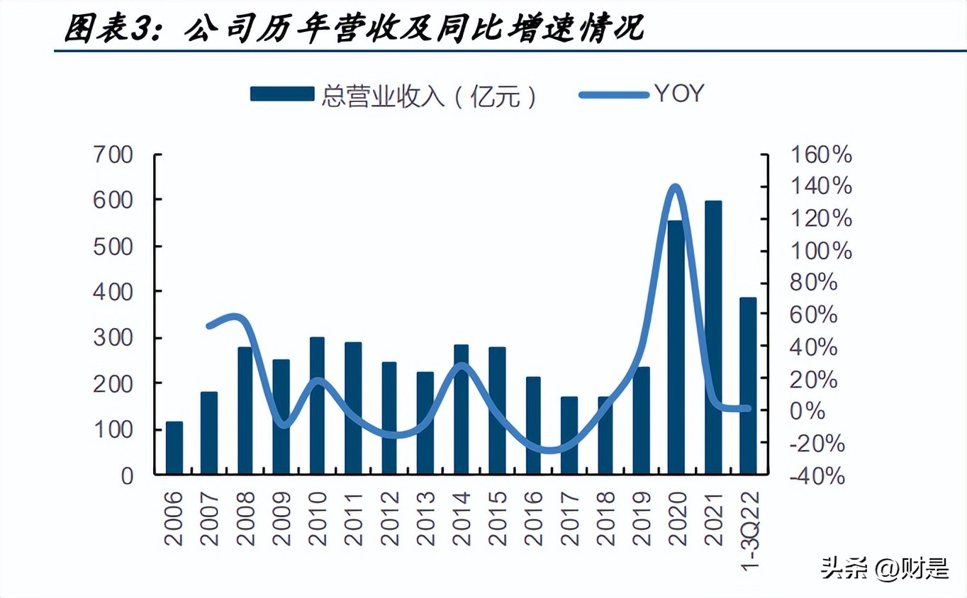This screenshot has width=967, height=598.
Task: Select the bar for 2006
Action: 174,448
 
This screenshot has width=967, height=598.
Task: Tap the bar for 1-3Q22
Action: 749,385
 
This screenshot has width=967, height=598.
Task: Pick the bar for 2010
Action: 317,405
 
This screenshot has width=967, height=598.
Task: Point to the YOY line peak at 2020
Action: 676,188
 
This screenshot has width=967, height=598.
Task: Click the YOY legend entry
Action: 642,94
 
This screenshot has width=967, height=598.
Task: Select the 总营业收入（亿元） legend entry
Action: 393,95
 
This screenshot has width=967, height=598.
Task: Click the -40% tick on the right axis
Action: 817,476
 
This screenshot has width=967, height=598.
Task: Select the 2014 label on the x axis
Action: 462,519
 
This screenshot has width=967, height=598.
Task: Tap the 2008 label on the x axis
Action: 245,519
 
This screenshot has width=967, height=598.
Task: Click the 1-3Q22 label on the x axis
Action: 749,528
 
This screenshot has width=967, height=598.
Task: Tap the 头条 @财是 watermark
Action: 884,568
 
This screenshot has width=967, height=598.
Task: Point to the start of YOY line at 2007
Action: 209,326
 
